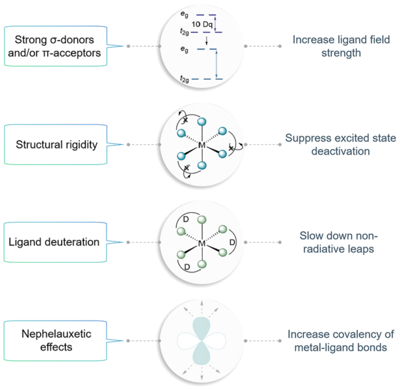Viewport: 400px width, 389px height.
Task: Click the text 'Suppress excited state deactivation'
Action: coord(341,144)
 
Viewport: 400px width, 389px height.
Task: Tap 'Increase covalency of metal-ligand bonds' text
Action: coord(341,341)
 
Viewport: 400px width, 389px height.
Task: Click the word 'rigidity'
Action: coord(80,144)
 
